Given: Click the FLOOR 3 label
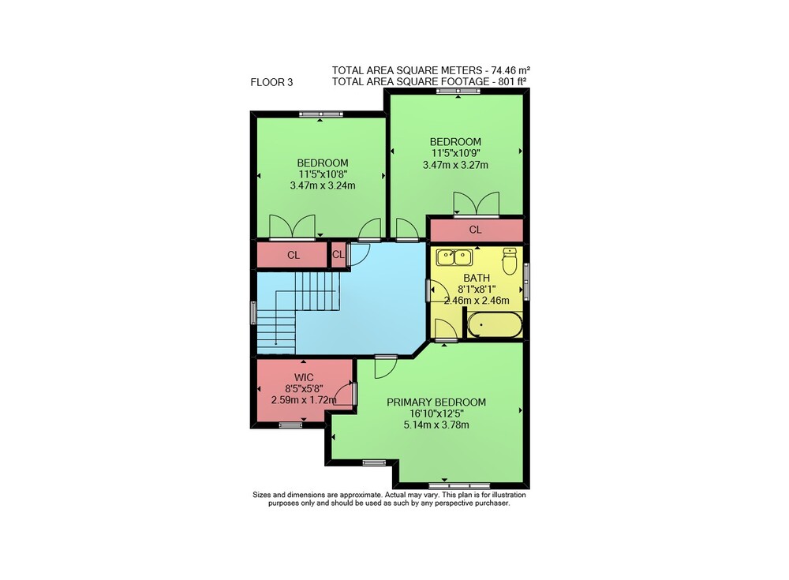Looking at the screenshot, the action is tap(271, 82).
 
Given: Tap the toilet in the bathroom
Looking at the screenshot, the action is tap(510, 260).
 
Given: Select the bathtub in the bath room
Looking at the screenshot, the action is tap(495, 325).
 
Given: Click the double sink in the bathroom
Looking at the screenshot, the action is tap(454, 257).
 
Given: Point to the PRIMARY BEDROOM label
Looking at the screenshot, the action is tap(436, 402).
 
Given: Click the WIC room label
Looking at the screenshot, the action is tap(304, 378).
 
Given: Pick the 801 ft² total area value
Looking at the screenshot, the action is tap(511, 81).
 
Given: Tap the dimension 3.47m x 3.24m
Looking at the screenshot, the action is tap(323, 185).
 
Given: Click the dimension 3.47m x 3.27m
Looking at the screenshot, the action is tap(455, 165).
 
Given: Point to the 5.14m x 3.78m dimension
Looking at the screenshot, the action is tap(436, 425).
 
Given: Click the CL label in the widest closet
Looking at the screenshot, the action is tap(476, 230).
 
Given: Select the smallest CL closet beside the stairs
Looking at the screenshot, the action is tap(338, 255).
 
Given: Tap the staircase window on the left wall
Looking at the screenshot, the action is tap(253, 312).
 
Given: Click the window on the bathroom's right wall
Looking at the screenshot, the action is tap(526, 282).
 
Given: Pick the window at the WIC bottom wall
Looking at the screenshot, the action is tap(291, 425).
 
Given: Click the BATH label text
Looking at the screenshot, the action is tap(477, 278).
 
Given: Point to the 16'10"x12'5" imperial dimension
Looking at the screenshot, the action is tap(436, 413).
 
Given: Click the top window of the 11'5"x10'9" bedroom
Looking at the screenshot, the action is tap(458, 91).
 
